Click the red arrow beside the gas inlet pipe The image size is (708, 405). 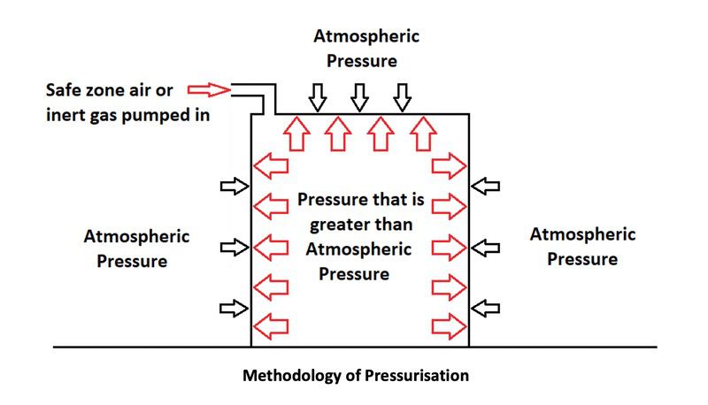tap(211, 89)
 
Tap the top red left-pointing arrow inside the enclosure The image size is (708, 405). tap(272, 165)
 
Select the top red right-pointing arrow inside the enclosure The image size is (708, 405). tap(449, 165)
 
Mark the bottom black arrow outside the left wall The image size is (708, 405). tap(235, 308)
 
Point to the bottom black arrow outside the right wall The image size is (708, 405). tap(486, 308)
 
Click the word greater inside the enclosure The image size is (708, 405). tap(334, 223)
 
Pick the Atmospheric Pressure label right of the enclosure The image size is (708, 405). tap(582, 247)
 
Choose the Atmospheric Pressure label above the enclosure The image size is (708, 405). tap(366, 49)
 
